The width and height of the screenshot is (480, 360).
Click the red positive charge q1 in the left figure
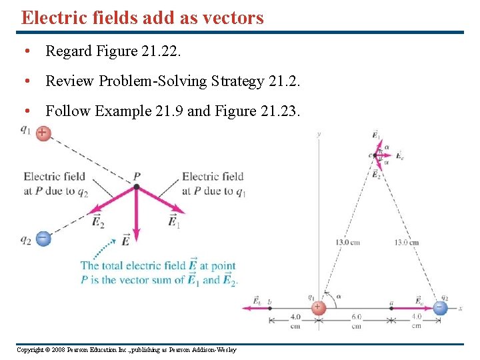click(42, 133)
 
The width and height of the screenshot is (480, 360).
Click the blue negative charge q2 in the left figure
click(43, 237)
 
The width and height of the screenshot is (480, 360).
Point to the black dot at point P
click(136, 187)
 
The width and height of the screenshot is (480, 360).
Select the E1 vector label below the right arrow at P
click(174, 221)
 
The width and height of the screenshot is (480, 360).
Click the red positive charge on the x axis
click(319, 307)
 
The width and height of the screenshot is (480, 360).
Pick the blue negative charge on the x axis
click(440, 307)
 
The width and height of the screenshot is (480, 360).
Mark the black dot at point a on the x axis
click(391, 307)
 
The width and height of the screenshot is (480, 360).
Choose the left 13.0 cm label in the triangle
click(347, 242)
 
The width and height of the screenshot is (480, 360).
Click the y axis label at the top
click(319, 133)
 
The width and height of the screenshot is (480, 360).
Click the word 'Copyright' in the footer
click(29, 350)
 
